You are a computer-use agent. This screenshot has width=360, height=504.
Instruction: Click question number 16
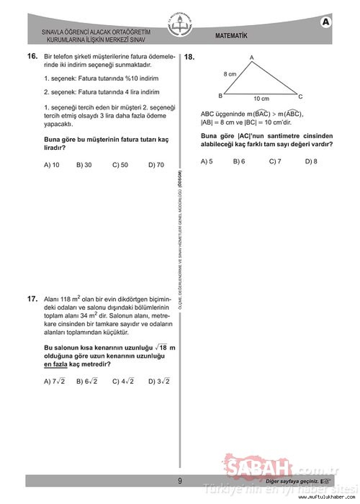(x=32, y=57)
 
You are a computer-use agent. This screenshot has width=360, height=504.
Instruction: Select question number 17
(x=32, y=299)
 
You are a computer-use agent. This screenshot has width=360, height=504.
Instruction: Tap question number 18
(x=189, y=57)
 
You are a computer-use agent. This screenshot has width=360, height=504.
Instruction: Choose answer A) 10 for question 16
(x=52, y=165)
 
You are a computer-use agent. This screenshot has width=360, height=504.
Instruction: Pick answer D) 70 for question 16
(x=156, y=165)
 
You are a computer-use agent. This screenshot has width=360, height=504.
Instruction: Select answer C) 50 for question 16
(x=120, y=165)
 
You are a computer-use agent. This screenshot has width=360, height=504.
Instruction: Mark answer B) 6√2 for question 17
(x=87, y=382)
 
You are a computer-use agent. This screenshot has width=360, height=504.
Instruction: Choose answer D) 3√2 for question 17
(x=159, y=382)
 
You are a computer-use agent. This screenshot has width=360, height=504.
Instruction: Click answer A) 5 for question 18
(x=207, y=161)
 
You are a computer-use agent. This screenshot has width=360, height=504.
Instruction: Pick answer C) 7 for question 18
(x=275, y=161)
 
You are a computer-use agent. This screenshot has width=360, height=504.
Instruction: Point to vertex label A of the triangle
(x=252, y=57)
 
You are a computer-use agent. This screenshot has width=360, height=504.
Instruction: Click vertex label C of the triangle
(x=300, y=96)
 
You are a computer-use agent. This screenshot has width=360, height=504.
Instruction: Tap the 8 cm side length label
(x=230, y=74)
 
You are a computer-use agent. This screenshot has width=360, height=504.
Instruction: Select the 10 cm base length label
(x=261, y=99)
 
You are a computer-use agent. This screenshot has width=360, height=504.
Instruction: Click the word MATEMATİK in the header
(x=231, y=36)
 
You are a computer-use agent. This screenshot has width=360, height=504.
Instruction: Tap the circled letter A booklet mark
(x=326, y=22)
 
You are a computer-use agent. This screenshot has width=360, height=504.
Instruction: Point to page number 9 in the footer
(x=180, y=481)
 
